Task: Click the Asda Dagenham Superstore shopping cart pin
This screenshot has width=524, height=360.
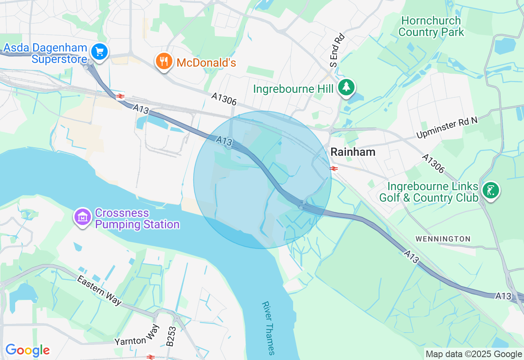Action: click(99, 52)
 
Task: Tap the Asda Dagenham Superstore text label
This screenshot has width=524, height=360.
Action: click(45, 54)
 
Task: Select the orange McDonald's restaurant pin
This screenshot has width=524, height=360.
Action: click(164, 62)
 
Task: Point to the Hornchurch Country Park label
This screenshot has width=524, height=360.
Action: click(431, 26)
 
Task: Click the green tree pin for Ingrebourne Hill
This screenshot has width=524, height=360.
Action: click(347, 87)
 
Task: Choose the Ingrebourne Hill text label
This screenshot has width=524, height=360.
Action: click(294, 89)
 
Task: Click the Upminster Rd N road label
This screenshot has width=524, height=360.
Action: click(447, 128)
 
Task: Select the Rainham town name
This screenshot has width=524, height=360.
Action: click(352, 152)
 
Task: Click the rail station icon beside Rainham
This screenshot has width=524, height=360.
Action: click(334, 168)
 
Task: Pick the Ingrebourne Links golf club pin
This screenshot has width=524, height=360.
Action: click(491, 190)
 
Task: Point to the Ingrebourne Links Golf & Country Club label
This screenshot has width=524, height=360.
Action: click(429, 192)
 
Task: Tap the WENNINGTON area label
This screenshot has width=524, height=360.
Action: click(443, 239)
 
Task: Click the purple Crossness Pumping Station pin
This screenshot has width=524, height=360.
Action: click(83, 217)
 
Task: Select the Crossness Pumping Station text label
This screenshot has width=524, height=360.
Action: click(137, 219)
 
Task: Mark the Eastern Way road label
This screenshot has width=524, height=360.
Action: click(99, 290)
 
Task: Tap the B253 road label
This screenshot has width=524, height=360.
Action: click(172, 336)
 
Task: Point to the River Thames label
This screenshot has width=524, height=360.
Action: click(268, 328)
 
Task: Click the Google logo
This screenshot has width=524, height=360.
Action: click(27, 350)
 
